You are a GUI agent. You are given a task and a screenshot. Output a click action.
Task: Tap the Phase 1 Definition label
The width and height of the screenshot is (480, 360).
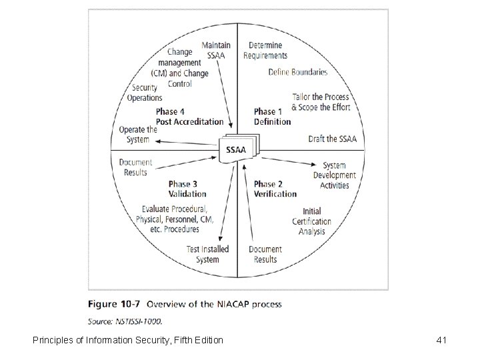click(272, 117)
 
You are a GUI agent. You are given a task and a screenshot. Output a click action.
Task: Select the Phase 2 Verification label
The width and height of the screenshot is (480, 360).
click(275, 189)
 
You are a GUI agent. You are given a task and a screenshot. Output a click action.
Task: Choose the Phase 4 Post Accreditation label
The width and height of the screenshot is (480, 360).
click(189, 117)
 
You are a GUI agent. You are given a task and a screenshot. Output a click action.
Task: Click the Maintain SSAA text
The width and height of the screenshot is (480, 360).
click(212, 50)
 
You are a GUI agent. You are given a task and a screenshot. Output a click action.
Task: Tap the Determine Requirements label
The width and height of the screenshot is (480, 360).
click(265, 51)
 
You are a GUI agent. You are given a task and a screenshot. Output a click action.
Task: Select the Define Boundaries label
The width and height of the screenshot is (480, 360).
click(298, 71)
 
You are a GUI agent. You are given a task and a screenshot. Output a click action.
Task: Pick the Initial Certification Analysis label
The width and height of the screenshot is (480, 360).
click(311, 221)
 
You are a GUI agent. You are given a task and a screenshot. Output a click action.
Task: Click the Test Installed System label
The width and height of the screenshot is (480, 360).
click(207, 254)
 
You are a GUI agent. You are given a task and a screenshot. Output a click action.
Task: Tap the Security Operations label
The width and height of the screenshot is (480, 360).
click(145, 93)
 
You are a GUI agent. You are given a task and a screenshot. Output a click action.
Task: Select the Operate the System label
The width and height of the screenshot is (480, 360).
click(137, 135)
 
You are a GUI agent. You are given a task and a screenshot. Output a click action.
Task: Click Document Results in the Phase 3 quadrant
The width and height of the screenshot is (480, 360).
click(135, 167)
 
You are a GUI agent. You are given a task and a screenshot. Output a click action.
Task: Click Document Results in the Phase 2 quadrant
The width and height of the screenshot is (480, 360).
click(265, 254)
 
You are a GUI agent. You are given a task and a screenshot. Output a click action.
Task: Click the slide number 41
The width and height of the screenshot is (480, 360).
click(440, 341)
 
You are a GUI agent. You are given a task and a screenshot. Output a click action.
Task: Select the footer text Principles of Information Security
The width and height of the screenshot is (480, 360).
click(128, 341)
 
